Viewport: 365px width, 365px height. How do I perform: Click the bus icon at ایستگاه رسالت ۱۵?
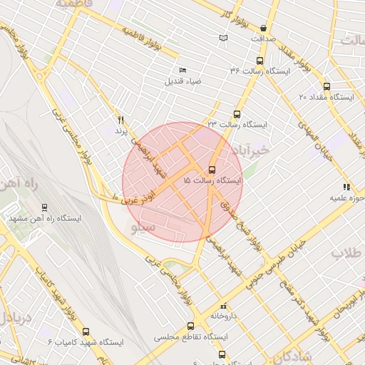click(x=212, y=170)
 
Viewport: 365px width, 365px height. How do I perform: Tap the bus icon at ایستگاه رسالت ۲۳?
click(x=237, y=114)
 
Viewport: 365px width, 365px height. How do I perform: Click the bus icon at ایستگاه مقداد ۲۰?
click(x=327, y=86)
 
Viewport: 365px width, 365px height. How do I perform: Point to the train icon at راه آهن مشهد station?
click(x=46, y=207)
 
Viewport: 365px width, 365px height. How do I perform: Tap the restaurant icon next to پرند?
click(x=120, y=120)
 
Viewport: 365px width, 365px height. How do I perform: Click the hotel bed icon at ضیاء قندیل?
click(x=182, y=70)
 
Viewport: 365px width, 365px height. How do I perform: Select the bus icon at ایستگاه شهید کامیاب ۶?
click(x=86, y=331)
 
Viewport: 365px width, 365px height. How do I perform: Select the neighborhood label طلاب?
click(x=345, y=253)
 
